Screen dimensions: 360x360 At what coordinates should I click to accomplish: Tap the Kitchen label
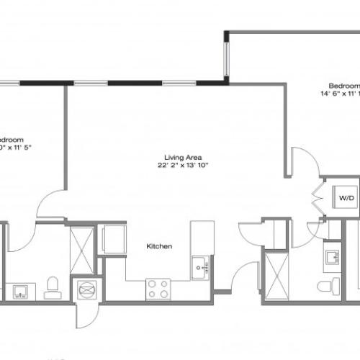159,246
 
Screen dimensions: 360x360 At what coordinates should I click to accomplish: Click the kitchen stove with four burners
158,289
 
